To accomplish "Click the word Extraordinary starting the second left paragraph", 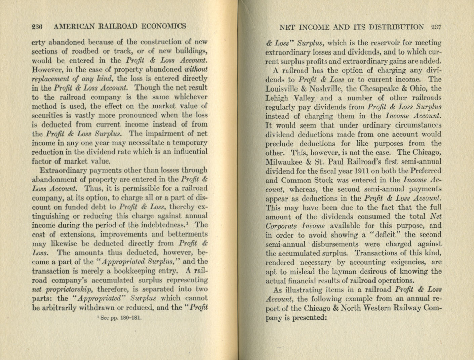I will [61, 171].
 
